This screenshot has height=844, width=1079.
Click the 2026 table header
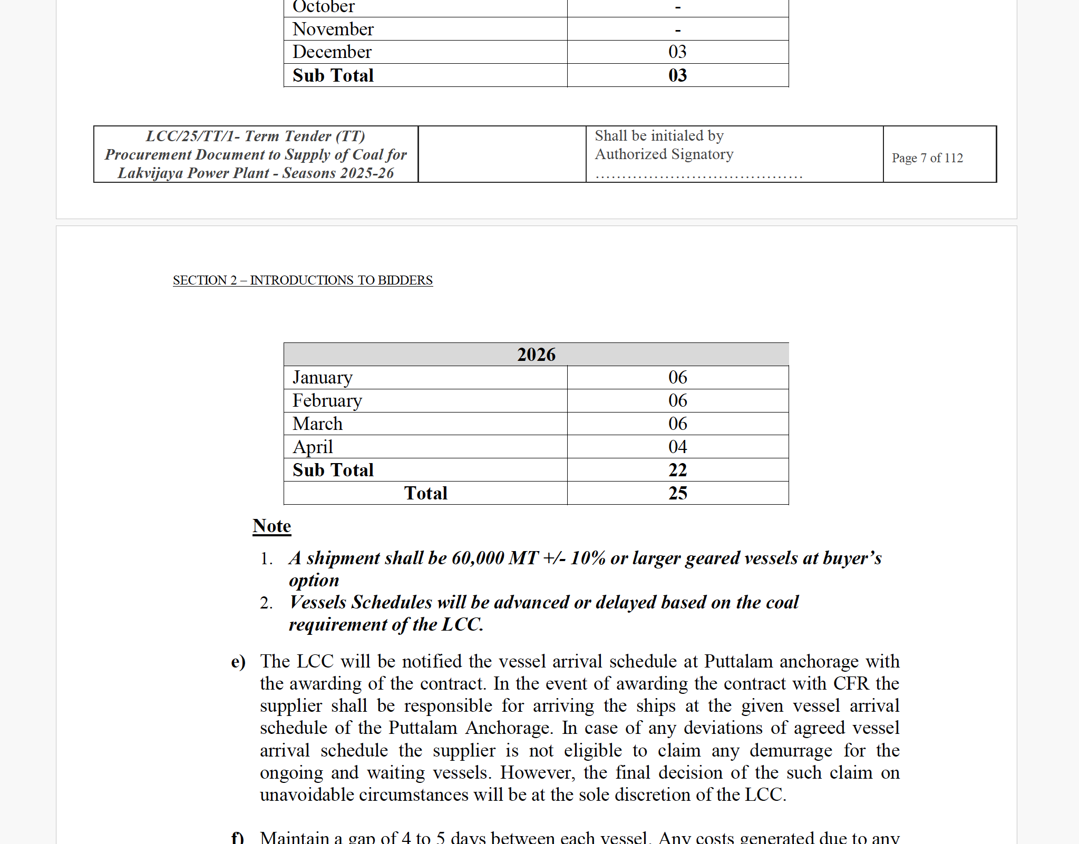pyautogui.click(x=536, y=355)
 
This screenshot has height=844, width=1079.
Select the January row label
pyautogui.click(x=323, y=377)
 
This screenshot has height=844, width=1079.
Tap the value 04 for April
pyautogui.click(x=677, y=447)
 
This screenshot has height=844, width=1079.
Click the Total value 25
pyautogui.click(x=677, y=493)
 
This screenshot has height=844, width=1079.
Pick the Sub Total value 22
pyautogui.click(x=677, y=470)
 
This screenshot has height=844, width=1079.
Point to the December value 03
pyautogui.click(x=677, y=52)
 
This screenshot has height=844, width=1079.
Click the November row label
pyautogui.click(x=333, y=29)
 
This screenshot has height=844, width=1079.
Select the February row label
pyautogui.click(x=327, y=400)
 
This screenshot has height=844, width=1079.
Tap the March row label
pyautogui.click(x=317, y=424)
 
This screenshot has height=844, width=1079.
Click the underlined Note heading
pyautogui.click(x=271, y=526)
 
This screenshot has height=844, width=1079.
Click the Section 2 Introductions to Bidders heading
pyautogui.click(x=303, y=280)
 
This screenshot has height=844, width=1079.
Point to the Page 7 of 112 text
pyautogui.click(x=927, y=158)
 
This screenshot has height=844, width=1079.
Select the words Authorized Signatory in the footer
pyautogui.click(x=664, y=154)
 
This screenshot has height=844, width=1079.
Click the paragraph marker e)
pyautogui.click(x=238, y=662)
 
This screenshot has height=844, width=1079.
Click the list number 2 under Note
pyautogui.click(x=266, y=603)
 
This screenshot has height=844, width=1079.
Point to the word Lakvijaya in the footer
pyautogui.click(x=149, y=173)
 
